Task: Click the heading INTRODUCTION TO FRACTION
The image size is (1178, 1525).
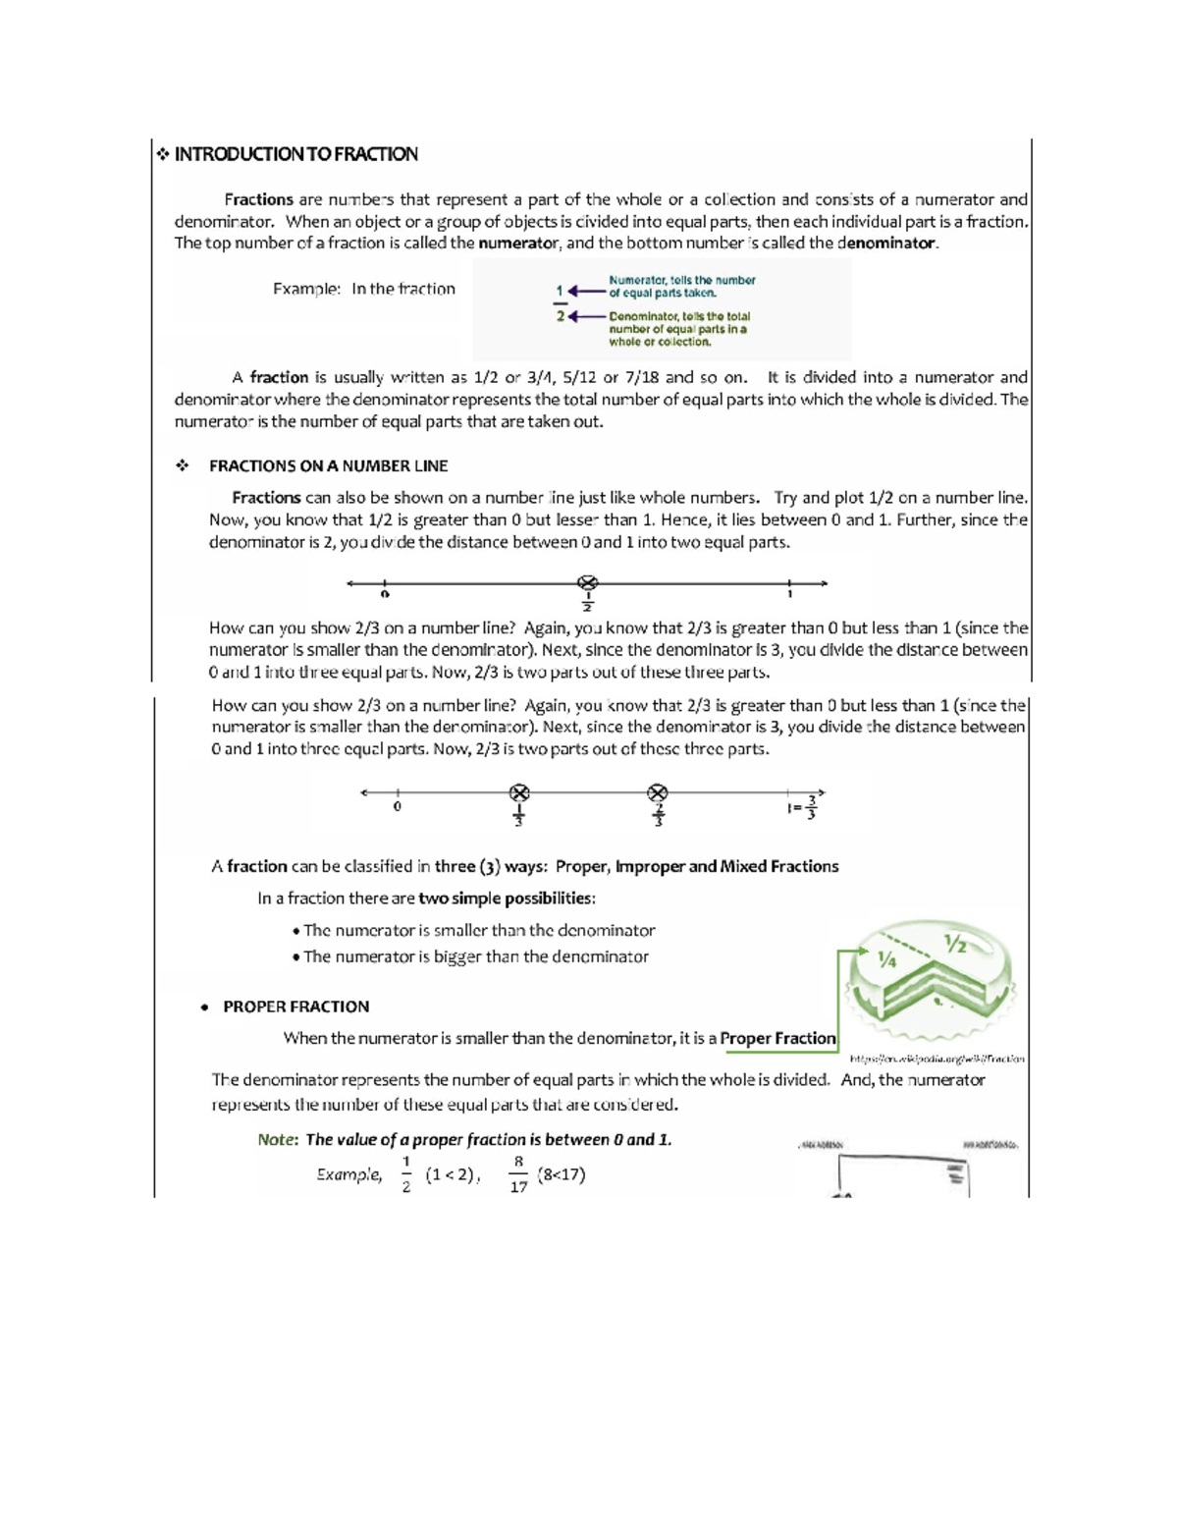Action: pos(295,154)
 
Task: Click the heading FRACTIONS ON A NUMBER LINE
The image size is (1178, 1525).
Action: pos(328,466)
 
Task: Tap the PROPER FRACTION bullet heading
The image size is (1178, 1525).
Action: pos(295,1007)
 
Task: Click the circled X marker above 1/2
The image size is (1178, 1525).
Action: pos(587,583)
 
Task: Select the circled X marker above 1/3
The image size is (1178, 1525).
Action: pos(519,792)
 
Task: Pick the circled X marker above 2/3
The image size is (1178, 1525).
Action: pos(658,792)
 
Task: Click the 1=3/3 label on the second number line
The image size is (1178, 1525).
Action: pos(802,807)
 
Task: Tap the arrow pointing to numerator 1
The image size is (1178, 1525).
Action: pos(586,291)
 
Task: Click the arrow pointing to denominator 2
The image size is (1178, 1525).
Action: pos(586,316)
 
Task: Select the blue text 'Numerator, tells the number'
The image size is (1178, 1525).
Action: pos(681,281)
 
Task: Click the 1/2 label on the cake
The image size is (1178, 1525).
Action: pos(955,944)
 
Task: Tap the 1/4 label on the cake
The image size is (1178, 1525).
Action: pos(887,960)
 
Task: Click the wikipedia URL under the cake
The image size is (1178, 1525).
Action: pos(937,1060)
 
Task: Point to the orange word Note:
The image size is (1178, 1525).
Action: pos(277,1140)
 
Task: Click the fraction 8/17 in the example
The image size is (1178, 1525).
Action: pos(518,1174)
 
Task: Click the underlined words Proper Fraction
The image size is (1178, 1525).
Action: pos(777,1039)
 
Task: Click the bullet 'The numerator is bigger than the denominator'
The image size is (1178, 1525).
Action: pos(475,957)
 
